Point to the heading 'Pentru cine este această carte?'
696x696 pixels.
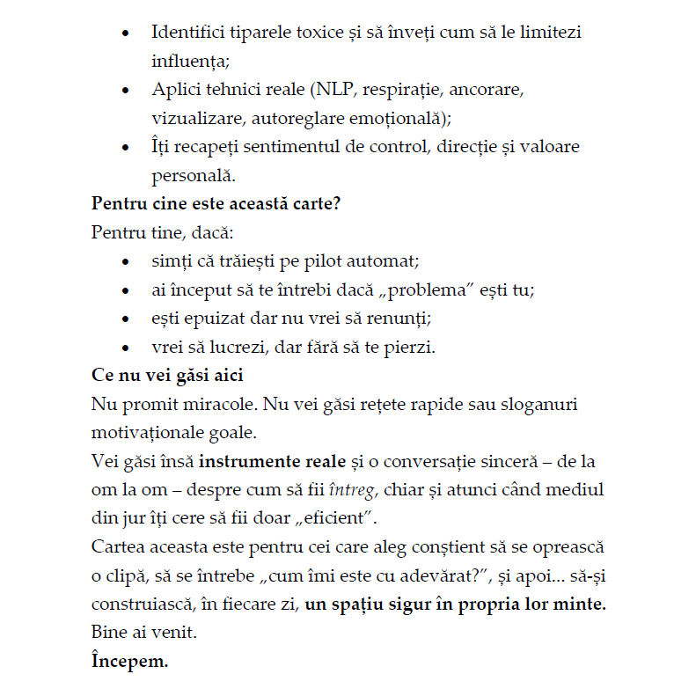(216, 203)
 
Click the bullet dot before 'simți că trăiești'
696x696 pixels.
(128, 262)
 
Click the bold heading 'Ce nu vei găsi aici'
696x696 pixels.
(167, 375)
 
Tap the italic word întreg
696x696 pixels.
(353, 489)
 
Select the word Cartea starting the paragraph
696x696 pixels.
(118, 546)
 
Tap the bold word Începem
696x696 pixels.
(129, 661)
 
